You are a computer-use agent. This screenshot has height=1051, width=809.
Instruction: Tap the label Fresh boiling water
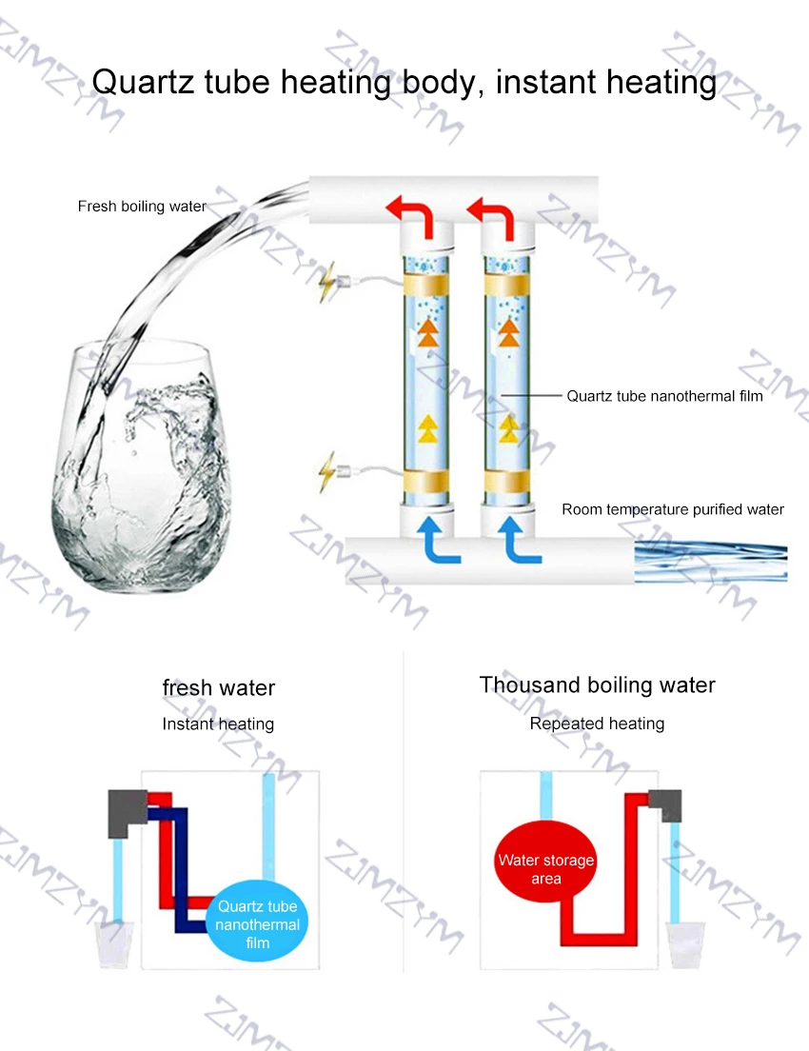click(142, 206)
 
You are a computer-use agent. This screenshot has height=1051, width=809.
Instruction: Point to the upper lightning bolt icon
click(328, 282)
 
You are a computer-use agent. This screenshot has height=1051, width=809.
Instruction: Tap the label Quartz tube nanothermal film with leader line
click(664, 396)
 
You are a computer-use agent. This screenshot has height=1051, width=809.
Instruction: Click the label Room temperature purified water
click(672, 509)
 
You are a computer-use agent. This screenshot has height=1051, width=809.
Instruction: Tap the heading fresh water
click(219, 687)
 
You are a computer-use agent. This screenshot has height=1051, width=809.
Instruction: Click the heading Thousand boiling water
click(597, 684)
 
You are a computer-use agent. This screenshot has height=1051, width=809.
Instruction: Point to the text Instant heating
click(218, 724)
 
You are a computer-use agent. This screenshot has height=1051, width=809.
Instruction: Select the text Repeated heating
click(597, 724)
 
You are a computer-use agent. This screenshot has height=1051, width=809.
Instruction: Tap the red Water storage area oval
click(545, 869)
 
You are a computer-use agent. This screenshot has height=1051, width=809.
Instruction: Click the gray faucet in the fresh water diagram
click(124, 811)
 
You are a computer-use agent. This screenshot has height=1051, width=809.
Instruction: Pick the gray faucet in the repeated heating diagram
click(665, 805)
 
